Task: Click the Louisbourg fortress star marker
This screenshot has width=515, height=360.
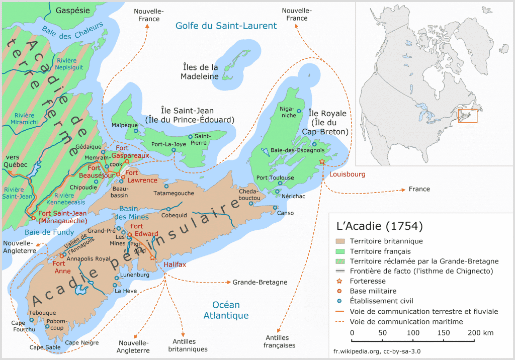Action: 322,161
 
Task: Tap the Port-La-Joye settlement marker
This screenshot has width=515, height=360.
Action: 174,150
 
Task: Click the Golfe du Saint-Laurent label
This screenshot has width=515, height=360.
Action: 226,26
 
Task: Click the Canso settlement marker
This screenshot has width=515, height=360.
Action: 275,207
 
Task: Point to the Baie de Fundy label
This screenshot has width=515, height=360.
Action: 49,232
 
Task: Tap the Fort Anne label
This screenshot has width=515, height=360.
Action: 59,267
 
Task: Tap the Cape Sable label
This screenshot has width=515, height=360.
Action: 44,347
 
